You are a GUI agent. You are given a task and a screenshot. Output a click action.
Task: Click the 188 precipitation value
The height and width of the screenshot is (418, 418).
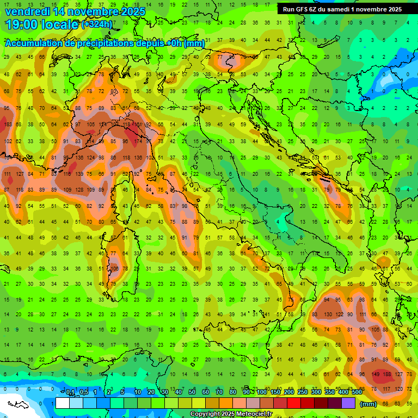pos(388,374)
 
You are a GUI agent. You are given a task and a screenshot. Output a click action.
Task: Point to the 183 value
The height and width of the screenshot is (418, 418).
pos(8,125)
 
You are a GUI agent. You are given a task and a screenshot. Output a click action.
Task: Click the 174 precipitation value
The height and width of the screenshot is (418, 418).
pos(139,142)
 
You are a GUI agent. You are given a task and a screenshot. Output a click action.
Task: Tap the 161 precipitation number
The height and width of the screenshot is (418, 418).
pos(139,125)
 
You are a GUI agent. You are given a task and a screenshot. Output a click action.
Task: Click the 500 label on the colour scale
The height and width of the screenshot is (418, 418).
pos(357,392)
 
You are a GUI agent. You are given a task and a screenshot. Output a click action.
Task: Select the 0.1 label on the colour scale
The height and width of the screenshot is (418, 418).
pos(70,392)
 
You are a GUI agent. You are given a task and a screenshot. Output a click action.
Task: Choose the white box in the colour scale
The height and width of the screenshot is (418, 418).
pos(63,403)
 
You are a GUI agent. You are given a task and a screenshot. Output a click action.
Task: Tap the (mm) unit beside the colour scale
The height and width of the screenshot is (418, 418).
pos(368,404)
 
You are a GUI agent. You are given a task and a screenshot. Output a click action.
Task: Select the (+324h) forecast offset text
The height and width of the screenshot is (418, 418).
pos(97,24)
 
